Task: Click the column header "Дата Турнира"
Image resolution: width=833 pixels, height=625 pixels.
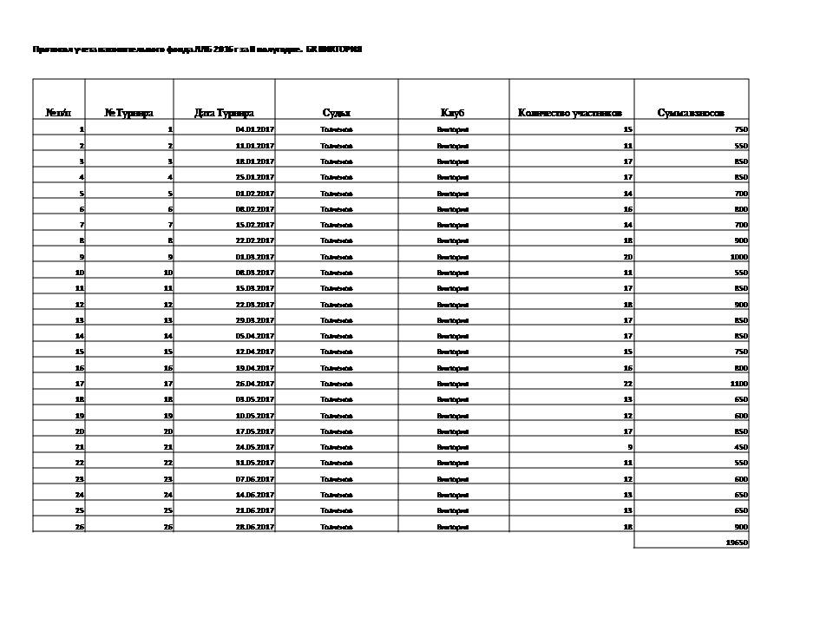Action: (x=225, y=113)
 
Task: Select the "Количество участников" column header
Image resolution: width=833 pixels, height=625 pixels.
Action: (x=570, y=113)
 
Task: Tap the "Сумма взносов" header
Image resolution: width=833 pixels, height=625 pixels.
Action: (x=691, y=113)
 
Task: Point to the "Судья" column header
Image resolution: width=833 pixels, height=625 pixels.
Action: (x=337, y=113)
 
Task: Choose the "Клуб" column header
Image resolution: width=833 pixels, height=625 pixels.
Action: (x=453, y=113)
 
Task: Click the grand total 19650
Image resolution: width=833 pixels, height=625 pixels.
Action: (x=737, y=543)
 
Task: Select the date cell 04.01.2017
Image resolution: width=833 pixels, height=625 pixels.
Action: (x=255, y=129)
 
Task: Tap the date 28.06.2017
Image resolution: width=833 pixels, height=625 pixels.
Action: (x=255, y=527)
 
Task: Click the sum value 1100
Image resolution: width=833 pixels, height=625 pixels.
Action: (x=738, y=384)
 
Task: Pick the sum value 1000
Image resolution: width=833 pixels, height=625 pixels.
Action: (x=738, y=257)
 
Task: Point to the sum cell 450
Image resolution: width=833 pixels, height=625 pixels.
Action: (x=741, y=447)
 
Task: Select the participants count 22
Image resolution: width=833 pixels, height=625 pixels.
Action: (x=627, y=384)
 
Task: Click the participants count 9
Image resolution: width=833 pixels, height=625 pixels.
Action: (x=629, y=447)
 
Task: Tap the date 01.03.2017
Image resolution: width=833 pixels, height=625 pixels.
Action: (x=255, y=257)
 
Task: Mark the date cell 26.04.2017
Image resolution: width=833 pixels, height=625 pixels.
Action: (x=255, y=384)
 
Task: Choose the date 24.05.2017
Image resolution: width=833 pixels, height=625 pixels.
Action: (x=255, y=447)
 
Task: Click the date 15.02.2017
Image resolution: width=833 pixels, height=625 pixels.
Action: (x=255, y=225)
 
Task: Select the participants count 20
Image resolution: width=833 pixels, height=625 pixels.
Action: (x=627, y=257)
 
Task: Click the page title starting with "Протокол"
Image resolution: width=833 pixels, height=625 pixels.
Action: (x=197, y=49)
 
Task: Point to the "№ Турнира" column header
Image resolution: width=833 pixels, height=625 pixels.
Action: (x=128, y=113)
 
